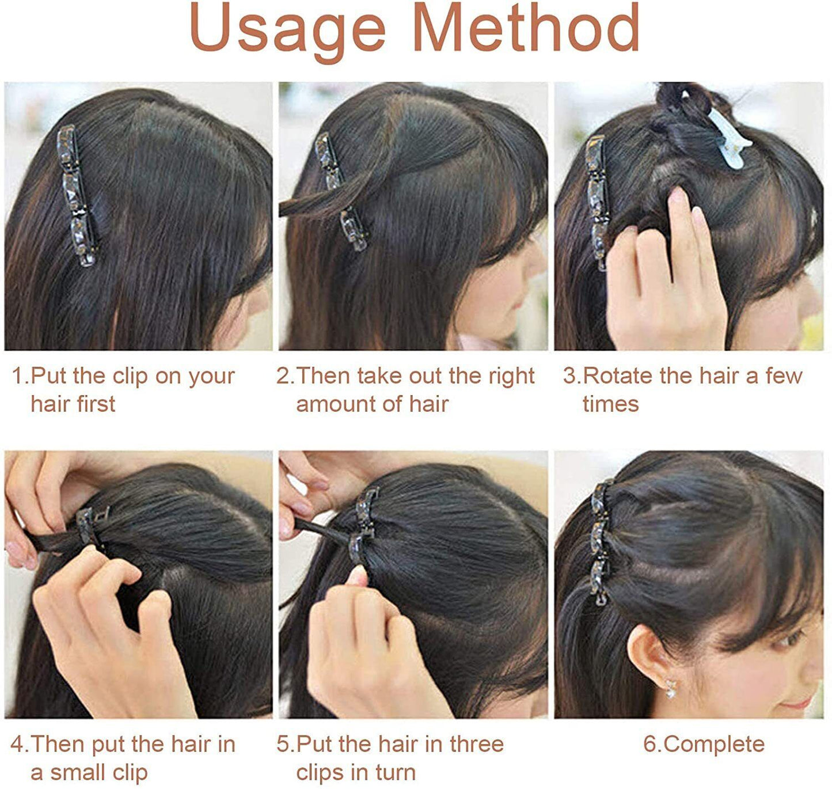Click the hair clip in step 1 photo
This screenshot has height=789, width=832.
pyautogui.click(x=76, y=196)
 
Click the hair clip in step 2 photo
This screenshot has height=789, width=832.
pyautogui.click(x=340, y=190)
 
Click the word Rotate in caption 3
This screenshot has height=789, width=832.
pyautogui.click(x=618, y=376)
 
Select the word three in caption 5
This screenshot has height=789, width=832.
pyautogui.click(x=477, y=744)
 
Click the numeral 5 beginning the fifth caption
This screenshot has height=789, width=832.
pyautogui.click(x=283, y=744)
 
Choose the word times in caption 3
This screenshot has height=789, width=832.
pyautogui.click(x=610, y=404)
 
